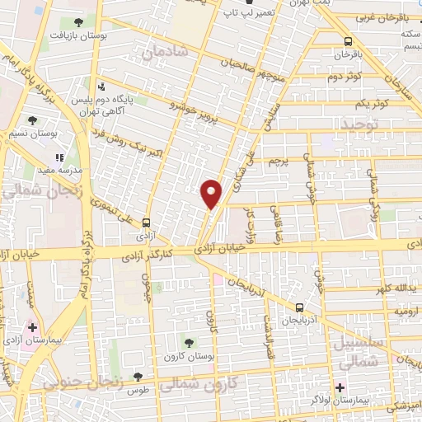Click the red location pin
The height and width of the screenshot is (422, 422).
pos(212,193)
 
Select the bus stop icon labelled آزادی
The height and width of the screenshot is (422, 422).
pos(146,223)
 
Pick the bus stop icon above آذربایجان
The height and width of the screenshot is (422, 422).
pos(298,309)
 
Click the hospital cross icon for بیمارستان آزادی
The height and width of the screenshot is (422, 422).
pos(32,327)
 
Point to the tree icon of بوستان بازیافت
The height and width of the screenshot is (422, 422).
pos(77,22)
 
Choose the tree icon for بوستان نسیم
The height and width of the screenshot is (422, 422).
pos(32,120)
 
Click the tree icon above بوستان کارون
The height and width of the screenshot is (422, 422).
pos(189,342)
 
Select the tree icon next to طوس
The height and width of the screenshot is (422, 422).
pos(138,377)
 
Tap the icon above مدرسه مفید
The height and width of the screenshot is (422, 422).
pos(59,157)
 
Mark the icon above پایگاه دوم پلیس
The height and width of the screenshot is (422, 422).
pos(101,86)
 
